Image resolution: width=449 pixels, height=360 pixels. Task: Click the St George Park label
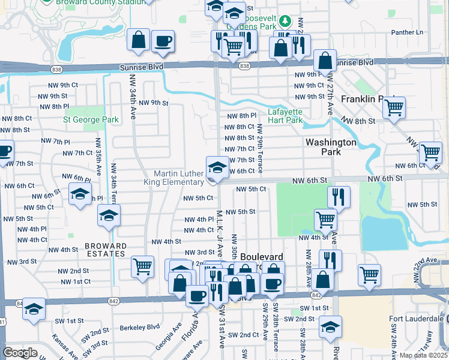91,119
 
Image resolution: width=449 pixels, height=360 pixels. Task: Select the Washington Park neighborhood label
331,147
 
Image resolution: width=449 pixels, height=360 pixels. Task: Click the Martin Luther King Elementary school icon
217,166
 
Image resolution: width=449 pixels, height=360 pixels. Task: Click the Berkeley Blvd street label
139,327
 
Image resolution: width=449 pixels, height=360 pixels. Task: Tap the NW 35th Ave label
96,157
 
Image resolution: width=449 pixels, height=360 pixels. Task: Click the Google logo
20,353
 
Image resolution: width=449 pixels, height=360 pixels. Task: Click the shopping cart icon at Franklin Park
394,108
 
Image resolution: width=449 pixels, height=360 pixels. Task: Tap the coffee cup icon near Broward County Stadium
163,41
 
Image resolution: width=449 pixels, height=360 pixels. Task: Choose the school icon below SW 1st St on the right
330,327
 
